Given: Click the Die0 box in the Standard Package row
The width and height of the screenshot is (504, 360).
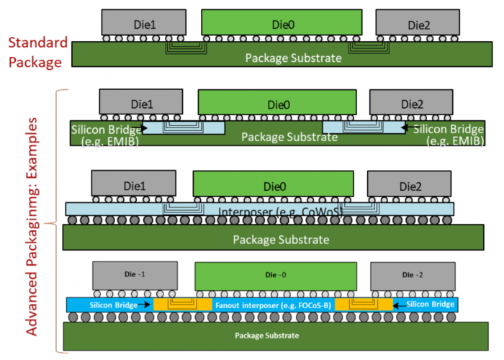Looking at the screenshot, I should (280, 24).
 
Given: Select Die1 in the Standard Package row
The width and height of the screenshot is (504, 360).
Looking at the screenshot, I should (143, 24).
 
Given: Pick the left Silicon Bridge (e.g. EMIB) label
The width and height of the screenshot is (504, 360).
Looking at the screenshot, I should (105, 135).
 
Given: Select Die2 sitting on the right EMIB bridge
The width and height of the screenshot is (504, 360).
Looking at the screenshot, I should (411, 104).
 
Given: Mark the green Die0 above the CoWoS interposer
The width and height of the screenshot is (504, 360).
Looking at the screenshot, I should (274, 186).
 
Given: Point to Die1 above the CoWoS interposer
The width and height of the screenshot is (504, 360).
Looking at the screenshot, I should (133, 184).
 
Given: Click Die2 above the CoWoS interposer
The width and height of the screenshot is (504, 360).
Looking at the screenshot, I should (408, 185).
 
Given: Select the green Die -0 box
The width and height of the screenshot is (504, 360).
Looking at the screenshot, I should (276, 274).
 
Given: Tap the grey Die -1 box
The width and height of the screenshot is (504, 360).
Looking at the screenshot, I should (135, 274).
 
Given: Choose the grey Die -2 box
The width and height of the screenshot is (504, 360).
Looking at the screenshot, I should (413, 274).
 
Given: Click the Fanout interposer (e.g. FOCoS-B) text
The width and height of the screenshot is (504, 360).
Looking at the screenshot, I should (274, 305).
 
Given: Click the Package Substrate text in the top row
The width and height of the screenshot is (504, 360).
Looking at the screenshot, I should (292, 58).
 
